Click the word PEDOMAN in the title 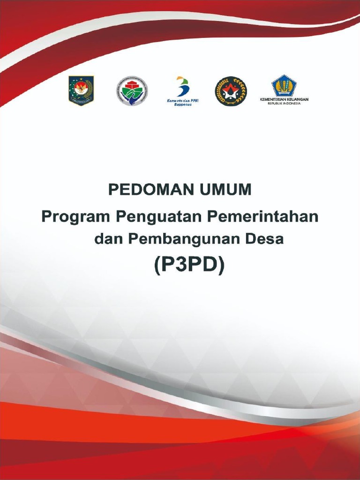(144, 190)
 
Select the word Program (75, 217)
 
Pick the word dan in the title (108, 239)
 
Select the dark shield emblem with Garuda (81, 90)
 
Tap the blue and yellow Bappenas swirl (182, 87)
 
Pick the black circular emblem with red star (231, 91)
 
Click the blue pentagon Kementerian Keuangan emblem (284, 86)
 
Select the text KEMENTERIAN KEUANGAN (284, 99)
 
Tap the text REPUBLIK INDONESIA (284, 104)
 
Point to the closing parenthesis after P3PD (221, 266)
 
